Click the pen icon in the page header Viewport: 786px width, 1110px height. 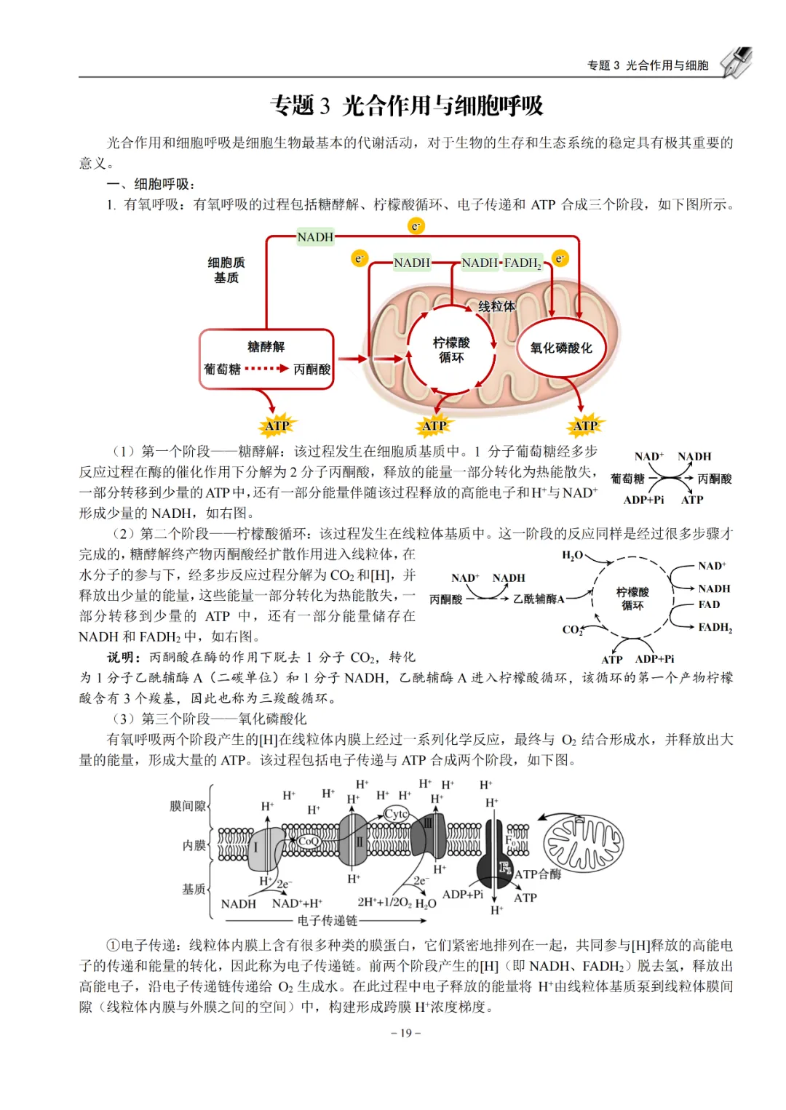[736, 63]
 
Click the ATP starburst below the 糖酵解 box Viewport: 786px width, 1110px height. [277, 426]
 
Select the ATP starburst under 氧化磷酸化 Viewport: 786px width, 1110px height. [585, 426]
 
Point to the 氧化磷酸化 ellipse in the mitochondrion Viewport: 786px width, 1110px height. [561, 348]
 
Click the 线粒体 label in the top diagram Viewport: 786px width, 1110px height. [496, 306]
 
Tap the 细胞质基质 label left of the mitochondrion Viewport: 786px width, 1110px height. [226, 270]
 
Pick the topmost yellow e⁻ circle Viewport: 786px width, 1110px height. [416, 226]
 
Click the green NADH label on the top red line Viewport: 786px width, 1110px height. [315, 237]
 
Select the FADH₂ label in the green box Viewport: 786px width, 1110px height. [523, 263]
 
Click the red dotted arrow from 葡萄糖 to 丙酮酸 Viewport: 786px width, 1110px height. [266, 369]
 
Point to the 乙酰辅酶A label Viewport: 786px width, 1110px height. [539, 599]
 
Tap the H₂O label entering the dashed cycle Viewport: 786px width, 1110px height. [573, 556]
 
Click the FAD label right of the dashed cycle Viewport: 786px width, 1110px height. [709, 604]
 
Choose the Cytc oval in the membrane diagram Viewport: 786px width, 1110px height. [397, 813]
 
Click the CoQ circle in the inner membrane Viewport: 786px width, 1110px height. [309, 842]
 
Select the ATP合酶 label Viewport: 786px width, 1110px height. [538, 874]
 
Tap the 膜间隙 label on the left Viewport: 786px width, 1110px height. [188, 805]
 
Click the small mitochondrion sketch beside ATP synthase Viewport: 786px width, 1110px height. [583, 843]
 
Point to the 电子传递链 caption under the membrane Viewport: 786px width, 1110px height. [327, 921]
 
